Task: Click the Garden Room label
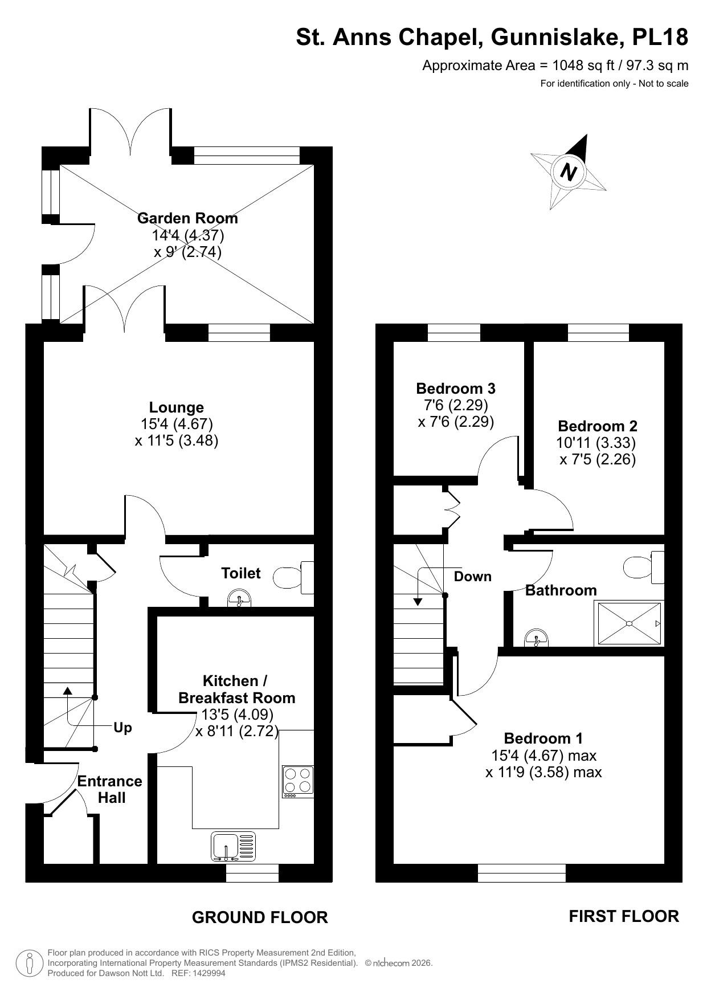click(x=187, y=218)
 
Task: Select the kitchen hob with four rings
click(x=298, y=781)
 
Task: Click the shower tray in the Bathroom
click(x=629, y=623)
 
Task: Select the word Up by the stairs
click(x=122, y=728)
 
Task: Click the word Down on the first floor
click(x=472, y=576)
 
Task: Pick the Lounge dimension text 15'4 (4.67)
click(x=177, y=423)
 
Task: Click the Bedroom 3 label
click(x=455, y=388)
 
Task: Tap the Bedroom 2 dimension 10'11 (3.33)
click(x=596, y=442)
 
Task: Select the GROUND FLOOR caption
click(x=260, y=917)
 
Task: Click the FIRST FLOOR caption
click(x=624, y=916)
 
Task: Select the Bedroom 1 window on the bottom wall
click(x=521, y=872)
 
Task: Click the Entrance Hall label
click(x=110, y=789)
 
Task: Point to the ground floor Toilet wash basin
click(x=239, y=599)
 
